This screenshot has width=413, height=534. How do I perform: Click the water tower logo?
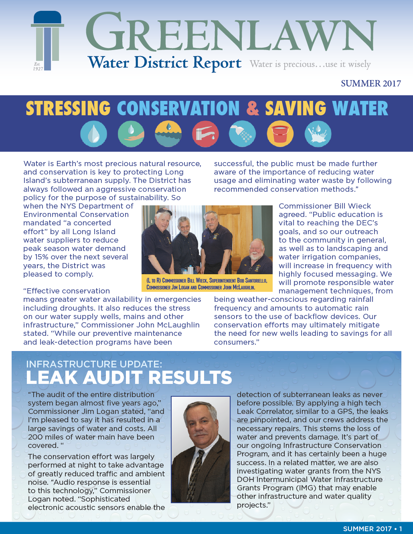point(47,40)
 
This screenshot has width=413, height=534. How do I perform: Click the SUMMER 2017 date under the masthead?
point(370,84)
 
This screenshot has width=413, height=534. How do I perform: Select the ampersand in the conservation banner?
point(253,108)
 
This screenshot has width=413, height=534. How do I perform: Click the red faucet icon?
point(205,134)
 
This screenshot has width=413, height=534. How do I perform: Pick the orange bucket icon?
point(280,134)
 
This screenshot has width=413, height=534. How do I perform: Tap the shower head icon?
point(242,134)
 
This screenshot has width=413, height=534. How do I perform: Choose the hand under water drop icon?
point(131,134)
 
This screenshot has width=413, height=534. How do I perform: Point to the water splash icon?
point(318,134)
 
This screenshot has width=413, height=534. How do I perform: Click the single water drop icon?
point(93,134)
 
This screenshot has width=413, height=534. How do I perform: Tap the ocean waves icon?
point(168,134)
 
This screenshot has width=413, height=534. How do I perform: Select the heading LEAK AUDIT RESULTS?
point(129,377)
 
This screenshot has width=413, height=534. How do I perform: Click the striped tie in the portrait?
point(195,480)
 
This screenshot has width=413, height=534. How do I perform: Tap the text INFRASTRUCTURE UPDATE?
point(94,364)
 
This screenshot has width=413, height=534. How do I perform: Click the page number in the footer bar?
point(400,529)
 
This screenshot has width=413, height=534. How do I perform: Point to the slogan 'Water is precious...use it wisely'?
point(310,64)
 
